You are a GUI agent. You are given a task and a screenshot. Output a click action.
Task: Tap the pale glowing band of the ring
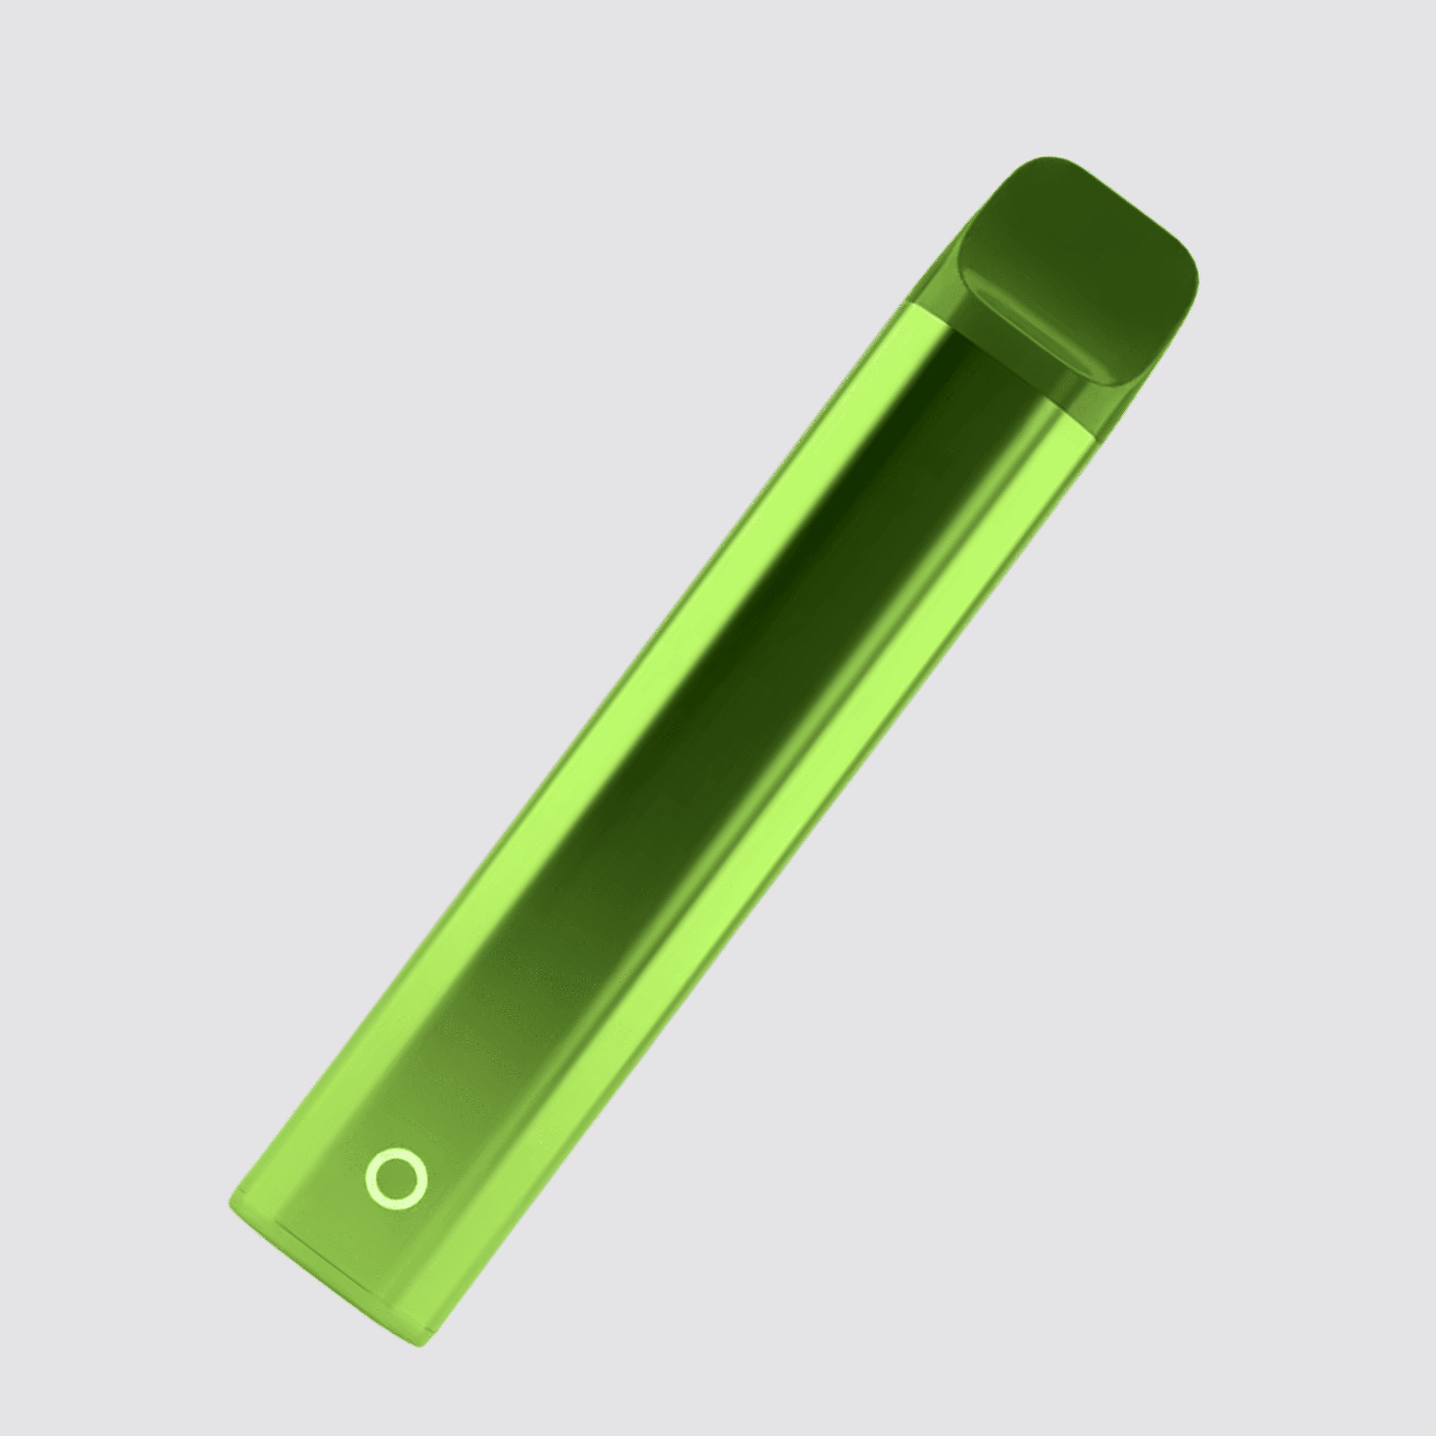[x=370, y=1180]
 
